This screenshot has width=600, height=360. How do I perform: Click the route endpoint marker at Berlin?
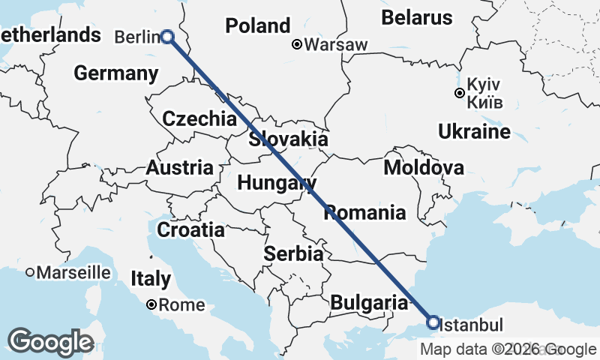pyautogui.click(x=167, y=36)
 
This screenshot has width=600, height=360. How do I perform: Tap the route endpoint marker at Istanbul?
pyautogui.click(x=433, y=322)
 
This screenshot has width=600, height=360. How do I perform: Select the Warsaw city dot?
pyautogui.click(x=298, y=44)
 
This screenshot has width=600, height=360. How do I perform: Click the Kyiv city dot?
pyautogui.click(x=459, y=93)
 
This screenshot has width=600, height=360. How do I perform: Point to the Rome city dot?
pyautogui.click(x=152, y=304)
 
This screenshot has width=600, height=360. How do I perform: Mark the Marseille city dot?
pyautogui.click(x=30, y=272)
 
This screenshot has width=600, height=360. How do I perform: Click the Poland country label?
pyautogui.click(x=257, y=25)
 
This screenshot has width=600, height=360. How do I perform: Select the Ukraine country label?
pyautogui.click(x=474, y=132)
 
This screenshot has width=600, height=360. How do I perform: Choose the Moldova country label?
pyautogui.click(x=423, y=167)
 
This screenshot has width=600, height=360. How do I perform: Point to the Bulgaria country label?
pyautogui.click(x=368, y=302)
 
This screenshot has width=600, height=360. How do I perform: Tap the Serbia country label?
pyautogui.click(x=293, y=253)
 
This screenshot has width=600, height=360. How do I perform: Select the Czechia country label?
pyautogui.click(x=199, y=118)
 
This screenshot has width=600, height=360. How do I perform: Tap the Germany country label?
pyautogui.click(x=116, y=73)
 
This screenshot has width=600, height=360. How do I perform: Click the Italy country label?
pyautogui.click(x=150, y=279)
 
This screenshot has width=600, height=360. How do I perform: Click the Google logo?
pyautogui.click(x=51, y=342)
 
